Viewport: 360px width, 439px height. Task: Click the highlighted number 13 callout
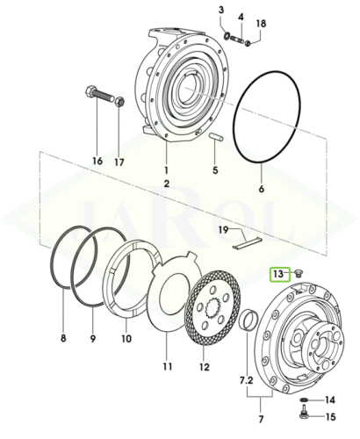point(278,274)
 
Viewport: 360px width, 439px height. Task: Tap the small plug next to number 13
point(299,273)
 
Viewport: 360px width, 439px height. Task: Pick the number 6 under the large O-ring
point(262,189)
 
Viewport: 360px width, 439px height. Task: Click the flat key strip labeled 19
point(247,243)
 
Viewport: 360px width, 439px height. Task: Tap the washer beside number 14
point(305,399)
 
